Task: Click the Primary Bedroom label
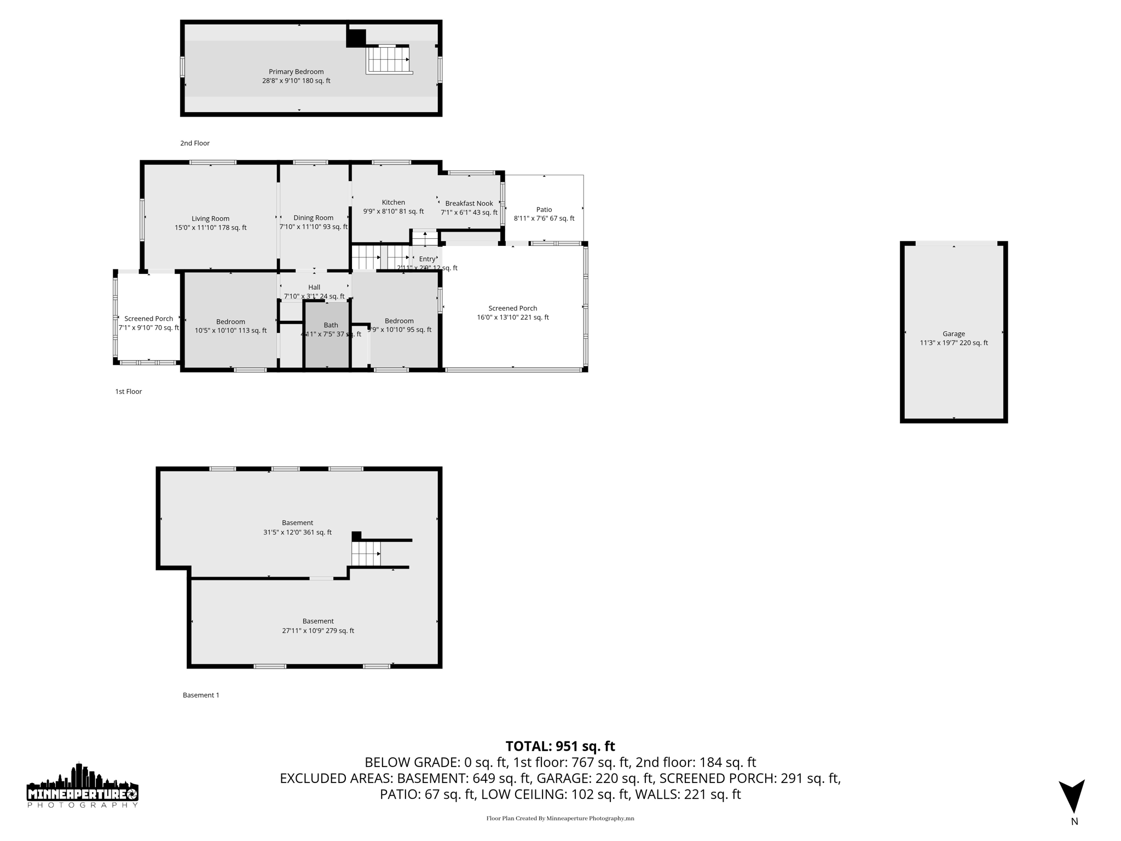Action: click(296, 76)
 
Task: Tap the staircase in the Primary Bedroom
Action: click(389, 59)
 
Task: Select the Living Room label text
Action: click(211, 223)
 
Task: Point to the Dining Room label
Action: click(313, 222)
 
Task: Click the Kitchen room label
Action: click(394, 206)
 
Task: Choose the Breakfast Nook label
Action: click(469, 208)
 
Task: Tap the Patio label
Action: click(544, 214)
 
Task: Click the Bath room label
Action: click(331, 329)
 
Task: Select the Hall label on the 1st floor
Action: click(314, 291)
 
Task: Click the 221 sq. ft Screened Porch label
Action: click(513, 313)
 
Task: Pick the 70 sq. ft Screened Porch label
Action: click(149, 323)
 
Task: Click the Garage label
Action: click(954, 338)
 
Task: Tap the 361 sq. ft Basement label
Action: click(297, 527)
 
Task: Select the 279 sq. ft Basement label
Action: click(318, 625)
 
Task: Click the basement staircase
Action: click(366, 553)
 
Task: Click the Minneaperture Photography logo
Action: click(83, 786)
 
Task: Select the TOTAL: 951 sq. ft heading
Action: click(560, 746)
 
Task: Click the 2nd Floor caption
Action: click(195, 143)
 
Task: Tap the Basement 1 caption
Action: click(201, 695)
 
